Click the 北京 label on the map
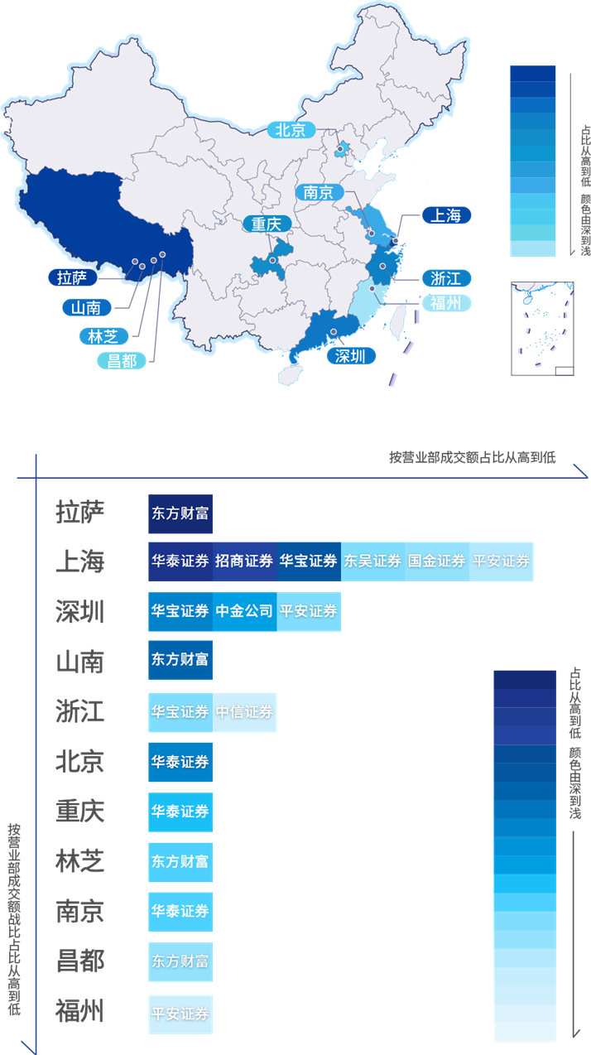click(291, 130)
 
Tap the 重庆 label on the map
click(267, 224)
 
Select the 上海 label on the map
click(445, 215)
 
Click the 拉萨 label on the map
click(72, 277)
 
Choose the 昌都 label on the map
click(116, 361)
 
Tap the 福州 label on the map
click(446, 303)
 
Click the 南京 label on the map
click(318, 192)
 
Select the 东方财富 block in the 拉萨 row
click(180, 513)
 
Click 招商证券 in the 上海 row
click(244, 561)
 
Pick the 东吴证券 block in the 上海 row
click(372, 561)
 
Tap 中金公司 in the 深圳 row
click(244, 612)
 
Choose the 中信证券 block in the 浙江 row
click(244, 712)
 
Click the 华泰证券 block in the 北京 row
click(180, 762)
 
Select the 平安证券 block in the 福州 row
click(180, 1014)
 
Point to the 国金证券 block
click(437, 561)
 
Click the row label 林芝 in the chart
click(79, 861)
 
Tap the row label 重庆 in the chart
click(79, 811)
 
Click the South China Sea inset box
click(543, 328)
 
